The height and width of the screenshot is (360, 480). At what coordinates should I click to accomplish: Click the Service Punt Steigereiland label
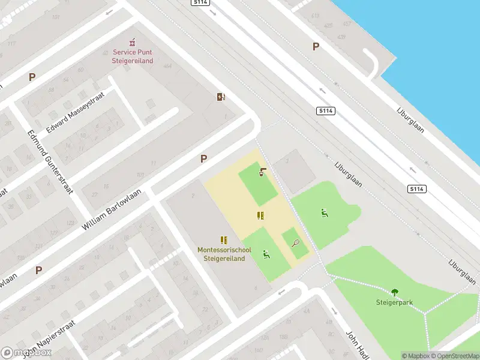coord(133,56)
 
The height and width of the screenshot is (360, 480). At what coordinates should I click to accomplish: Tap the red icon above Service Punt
coord(133,43)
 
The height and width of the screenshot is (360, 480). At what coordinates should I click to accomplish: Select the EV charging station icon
coord(221,97)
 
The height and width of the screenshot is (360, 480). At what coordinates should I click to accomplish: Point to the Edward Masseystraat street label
coord(79,112)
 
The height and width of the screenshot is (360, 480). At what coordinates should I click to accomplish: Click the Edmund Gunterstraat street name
coord(50,162)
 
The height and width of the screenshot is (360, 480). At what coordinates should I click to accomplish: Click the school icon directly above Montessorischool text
coord(224,240)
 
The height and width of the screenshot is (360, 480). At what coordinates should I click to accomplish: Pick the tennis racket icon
coord(296,243)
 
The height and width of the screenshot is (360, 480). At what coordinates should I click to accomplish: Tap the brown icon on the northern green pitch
coord(262,173)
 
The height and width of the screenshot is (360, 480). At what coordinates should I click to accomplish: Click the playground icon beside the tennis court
coord(266,254)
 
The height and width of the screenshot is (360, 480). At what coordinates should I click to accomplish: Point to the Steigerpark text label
coord(394,302)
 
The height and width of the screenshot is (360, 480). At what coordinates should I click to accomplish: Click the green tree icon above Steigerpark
coord(395,292)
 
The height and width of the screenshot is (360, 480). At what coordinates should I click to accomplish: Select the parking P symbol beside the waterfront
coord(316,46)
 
